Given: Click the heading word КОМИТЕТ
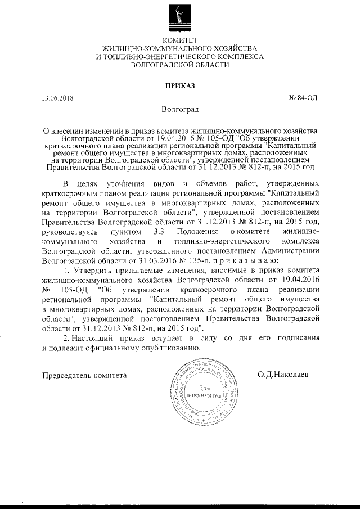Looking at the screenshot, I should [x=180, y=40].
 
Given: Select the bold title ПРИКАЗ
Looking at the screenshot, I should [x=180, y=85].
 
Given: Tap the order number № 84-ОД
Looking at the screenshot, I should [x=303, y=98].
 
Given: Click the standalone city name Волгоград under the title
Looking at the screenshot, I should [x=179, y=109].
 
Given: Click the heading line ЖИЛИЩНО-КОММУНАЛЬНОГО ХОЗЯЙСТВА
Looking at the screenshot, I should [x=180, y=49].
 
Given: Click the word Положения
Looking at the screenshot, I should [x=196, y=232].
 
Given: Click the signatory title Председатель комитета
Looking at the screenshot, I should [x=85, y=375].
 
